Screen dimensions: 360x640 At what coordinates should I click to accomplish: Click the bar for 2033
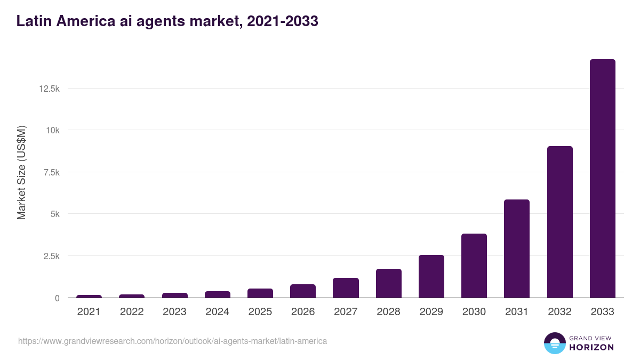(x=602, y=179)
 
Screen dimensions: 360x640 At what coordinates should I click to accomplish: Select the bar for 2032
(x=559, y=222)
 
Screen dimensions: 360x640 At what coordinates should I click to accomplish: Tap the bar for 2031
(x=517, y=249)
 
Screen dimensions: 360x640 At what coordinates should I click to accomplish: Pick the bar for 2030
(x=474, y=266)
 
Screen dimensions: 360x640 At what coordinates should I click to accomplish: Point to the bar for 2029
(x=431, y=276)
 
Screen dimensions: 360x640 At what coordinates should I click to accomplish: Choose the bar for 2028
(x=388, y=283)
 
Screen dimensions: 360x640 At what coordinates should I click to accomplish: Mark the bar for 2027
(x=346, y=288)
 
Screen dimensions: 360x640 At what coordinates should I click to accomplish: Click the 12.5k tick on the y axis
(x=49, y=89)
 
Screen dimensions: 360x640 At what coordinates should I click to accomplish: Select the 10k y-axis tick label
(x=52, y=130)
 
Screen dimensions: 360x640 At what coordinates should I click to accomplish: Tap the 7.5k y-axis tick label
(x=51, y=172)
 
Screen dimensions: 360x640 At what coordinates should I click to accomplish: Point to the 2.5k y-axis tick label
(x=51, y=256)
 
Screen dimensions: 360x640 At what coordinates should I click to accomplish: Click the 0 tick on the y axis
(x=57, y=298)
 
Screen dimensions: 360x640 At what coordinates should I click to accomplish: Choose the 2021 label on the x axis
(x=89, y=312)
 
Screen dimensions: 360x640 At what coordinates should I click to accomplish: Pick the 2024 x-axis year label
(x=217, y=312)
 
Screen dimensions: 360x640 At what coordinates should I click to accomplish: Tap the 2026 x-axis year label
(x=303, y=312)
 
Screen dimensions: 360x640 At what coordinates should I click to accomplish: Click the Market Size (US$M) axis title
(x=21, y=172)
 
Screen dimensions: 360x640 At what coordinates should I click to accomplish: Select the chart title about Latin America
(x=167, y=21)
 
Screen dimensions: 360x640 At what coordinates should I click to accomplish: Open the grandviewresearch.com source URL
(x=172, y=341)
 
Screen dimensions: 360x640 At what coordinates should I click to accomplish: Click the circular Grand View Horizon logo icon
(x=554, y=343)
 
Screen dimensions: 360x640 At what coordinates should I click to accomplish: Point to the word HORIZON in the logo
(x=591, y=347)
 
